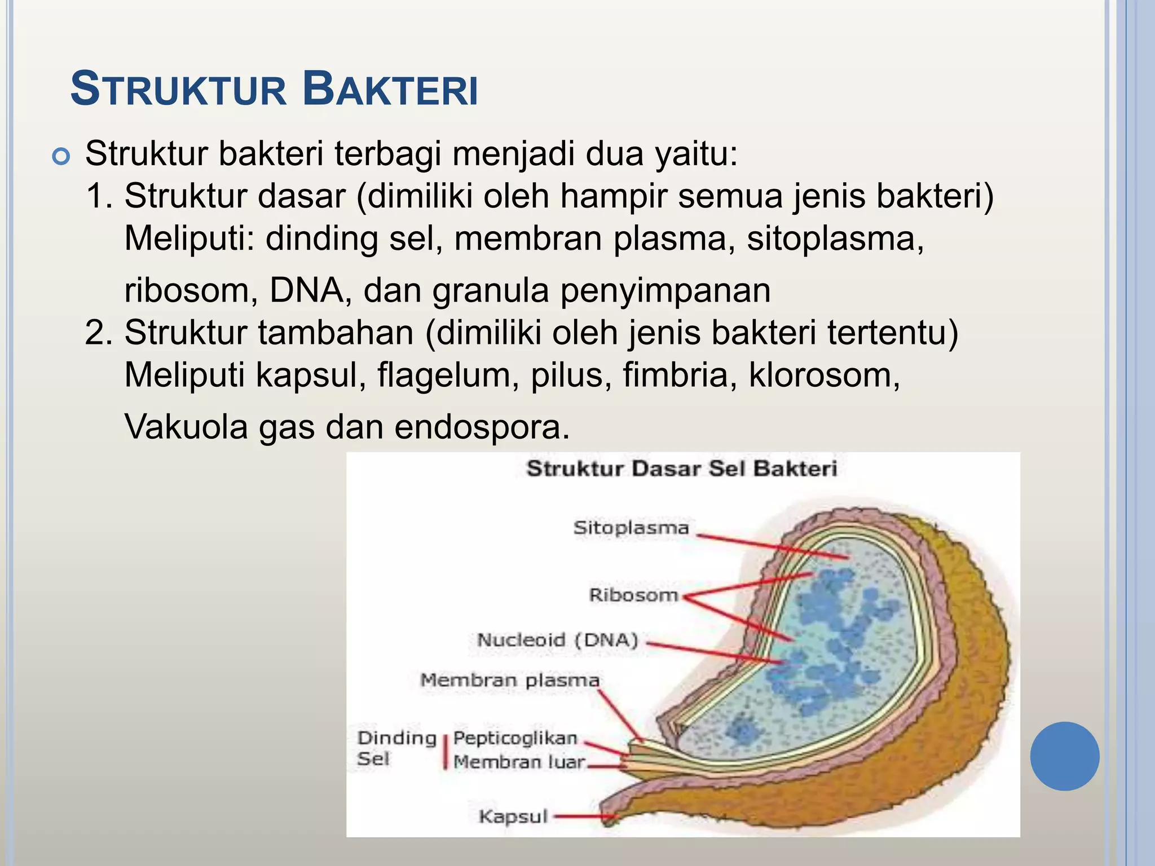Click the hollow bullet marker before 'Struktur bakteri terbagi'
60,156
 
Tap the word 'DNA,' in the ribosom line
310,290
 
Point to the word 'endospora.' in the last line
482,427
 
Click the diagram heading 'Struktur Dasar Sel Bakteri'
682,469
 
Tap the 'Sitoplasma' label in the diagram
631,528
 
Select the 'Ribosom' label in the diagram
633,595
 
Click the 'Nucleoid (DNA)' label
558,640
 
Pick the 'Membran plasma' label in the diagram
510,680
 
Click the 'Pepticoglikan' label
515,738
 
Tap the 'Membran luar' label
519,762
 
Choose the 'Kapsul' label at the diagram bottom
513,816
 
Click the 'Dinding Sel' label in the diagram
396,748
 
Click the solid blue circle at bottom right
1064,756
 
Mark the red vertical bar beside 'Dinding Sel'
445,751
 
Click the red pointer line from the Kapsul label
581,816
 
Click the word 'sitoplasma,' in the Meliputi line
835,238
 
